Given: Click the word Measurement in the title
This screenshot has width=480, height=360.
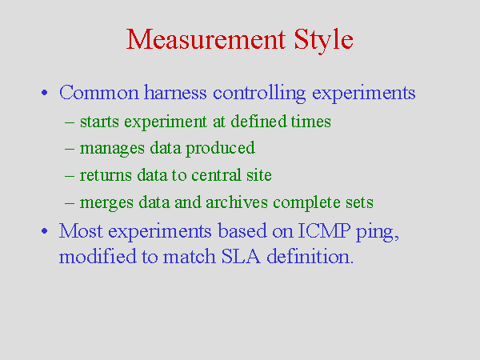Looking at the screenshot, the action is (206, 39).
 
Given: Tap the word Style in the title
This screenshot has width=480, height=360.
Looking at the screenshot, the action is (323, 41).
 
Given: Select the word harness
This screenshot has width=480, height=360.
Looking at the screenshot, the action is (175, 92).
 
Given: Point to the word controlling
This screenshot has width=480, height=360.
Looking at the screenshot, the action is (259, 94).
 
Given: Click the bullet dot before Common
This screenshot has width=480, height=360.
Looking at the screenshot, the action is (44, 93).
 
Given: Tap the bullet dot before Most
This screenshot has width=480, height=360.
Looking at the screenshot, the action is (44, 231).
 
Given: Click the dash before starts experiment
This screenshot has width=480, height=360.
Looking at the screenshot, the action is (70, 122).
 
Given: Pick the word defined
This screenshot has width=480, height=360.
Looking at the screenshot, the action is (258, 121).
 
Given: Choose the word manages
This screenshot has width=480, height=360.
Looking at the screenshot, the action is (112, 150).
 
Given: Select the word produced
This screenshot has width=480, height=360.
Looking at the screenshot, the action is (220, 149).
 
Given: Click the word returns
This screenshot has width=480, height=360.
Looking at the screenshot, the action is (106, 175).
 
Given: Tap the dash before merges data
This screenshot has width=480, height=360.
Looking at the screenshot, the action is (70, 203).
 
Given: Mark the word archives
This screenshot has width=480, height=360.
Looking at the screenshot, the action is (237, 202).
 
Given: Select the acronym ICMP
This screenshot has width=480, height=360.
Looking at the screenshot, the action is (324, 230).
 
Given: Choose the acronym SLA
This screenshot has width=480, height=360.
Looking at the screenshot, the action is (241, 256).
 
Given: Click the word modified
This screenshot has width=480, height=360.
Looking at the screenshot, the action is (98, 256).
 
